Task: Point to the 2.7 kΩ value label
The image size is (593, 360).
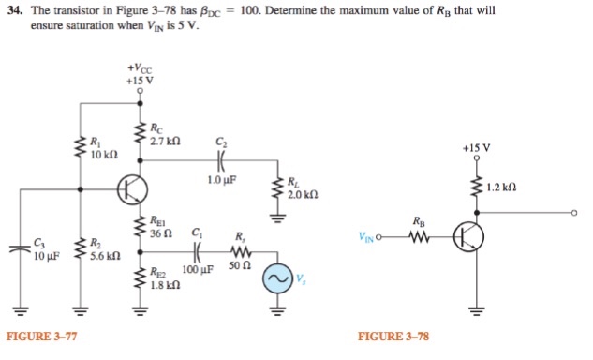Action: tap(166, 141)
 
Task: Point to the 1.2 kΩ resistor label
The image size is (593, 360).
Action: tap(505, 187)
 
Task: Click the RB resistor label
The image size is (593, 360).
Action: tap(417, 221)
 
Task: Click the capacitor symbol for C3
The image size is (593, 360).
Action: tap(17, 247)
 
